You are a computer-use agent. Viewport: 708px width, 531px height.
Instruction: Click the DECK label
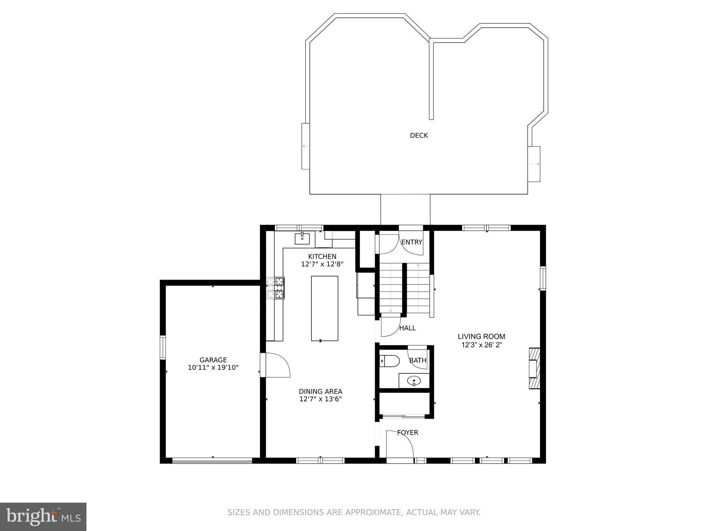419,136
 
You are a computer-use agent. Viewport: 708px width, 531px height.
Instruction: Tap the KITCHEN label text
322,257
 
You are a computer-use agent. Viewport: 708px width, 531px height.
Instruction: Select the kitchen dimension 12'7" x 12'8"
322,264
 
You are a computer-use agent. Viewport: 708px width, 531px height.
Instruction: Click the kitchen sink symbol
302,239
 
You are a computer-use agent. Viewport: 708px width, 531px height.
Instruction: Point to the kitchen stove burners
275,288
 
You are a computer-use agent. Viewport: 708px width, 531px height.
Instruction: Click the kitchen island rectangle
324,308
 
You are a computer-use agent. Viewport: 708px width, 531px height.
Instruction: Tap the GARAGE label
213,360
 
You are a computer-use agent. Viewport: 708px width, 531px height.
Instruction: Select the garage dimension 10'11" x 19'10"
213,367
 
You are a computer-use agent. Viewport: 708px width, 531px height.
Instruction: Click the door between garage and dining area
276,365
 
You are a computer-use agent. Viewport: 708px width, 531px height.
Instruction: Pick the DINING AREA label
320,391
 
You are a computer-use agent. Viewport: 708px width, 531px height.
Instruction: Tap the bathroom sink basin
414,381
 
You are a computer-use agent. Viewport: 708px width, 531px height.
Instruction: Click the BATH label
418,361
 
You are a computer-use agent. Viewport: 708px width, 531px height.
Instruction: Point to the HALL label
407,328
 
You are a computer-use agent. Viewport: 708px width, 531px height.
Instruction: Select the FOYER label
407,432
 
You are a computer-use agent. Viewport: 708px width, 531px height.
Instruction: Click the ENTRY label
411,242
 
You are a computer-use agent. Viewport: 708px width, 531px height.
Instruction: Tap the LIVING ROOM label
481,336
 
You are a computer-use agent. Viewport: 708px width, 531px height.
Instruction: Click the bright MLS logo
43,516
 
